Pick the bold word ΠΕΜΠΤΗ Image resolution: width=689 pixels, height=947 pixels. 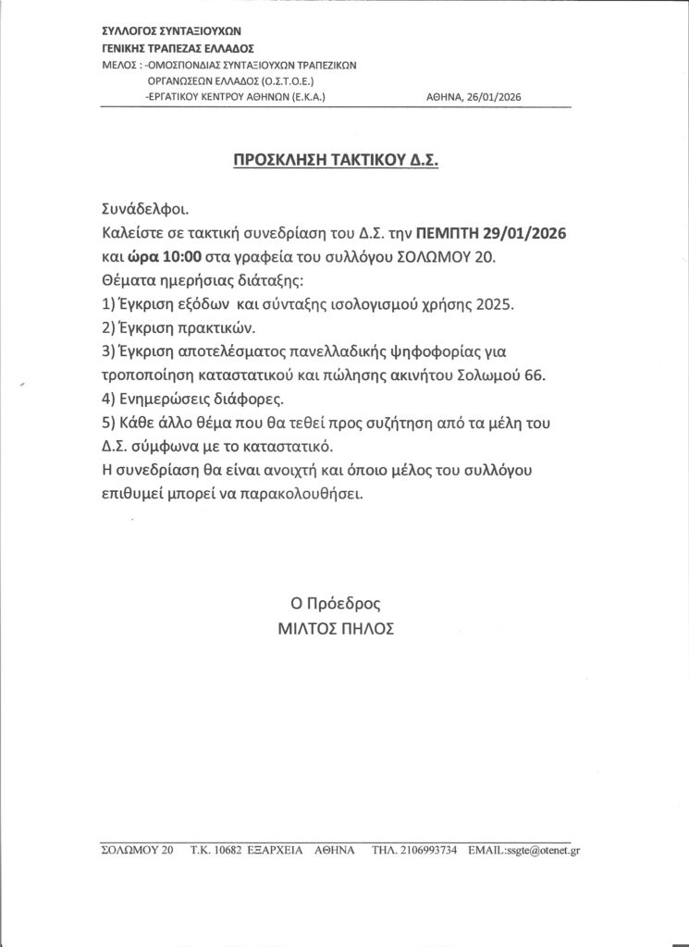pos(448,232)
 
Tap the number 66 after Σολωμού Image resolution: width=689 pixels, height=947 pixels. pos(534,375)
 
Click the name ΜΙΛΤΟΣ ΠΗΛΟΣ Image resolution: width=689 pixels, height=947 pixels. pos(335,628)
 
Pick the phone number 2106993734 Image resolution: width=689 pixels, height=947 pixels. pos(427,851)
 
